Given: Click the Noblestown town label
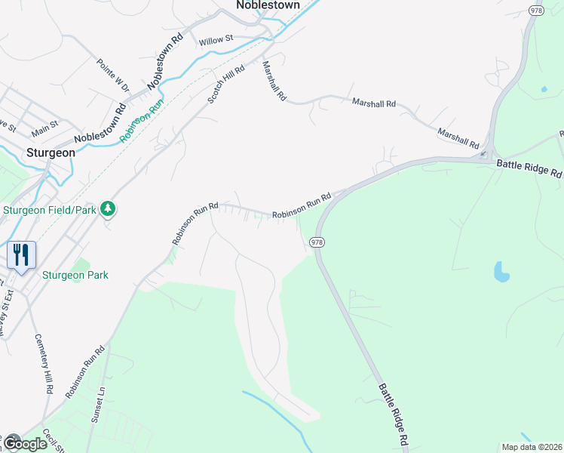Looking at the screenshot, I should click(x=268, y=5).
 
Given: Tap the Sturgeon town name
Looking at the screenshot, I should click(x=51, y=152).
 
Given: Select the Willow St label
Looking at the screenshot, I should click(x=216, y=39).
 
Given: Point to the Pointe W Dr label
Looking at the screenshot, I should click(x=113, y=76).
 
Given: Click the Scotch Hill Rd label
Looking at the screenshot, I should click(x=227, y=85).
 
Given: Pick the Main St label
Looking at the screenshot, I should click(x=43, y=124).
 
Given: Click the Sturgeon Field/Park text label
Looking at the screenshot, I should click(x=50, y=209).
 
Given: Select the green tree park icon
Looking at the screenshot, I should click(x=108, y=208).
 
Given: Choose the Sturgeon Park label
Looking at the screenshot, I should click(x=75, y=275).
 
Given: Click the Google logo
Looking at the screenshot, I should click(x=24, y=444).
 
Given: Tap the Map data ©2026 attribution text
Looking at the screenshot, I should click(x=531, y=447).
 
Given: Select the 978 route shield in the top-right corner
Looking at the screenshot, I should click(x=536, y=10).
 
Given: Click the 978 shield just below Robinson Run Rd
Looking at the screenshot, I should click(x=317, y=242).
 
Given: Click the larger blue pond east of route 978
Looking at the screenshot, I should click(x=501, y=271).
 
